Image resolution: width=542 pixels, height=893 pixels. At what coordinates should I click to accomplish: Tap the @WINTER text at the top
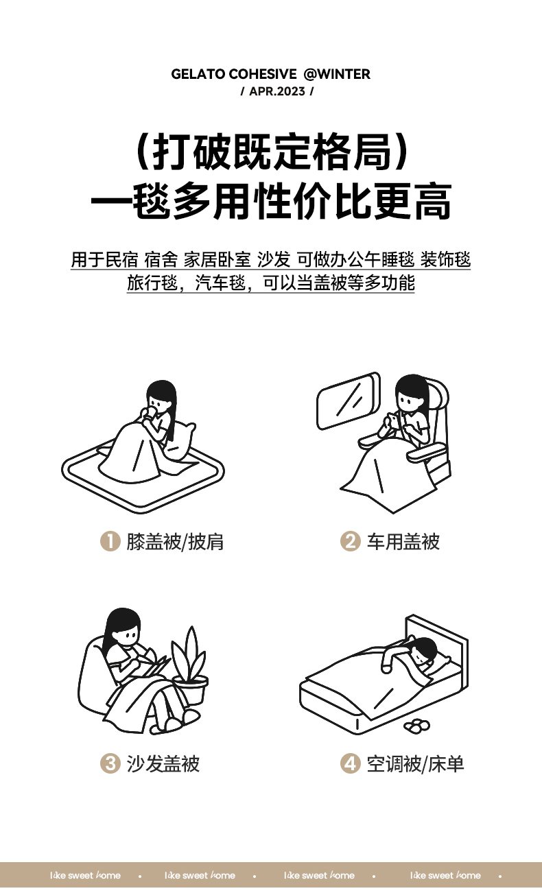337,74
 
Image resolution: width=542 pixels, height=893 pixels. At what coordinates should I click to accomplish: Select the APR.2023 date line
277,91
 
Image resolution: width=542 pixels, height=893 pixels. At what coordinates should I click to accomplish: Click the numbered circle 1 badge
110,541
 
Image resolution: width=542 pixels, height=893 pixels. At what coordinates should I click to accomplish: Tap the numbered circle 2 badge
350,541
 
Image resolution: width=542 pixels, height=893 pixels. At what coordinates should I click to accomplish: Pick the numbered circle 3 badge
110,764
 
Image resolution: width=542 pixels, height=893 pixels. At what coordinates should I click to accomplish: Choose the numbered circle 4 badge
350,764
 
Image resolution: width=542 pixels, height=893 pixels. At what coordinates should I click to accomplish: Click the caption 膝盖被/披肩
175,542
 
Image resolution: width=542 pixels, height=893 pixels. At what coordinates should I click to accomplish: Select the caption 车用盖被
403,542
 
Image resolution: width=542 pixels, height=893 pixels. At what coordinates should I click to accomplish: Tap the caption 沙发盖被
163,764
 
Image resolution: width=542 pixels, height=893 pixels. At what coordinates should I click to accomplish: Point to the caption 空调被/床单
416,764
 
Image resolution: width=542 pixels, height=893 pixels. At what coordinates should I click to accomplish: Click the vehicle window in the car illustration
349,401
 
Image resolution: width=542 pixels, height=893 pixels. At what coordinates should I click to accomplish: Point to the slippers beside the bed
416,725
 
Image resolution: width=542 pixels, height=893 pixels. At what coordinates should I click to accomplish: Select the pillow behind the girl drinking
182,441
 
